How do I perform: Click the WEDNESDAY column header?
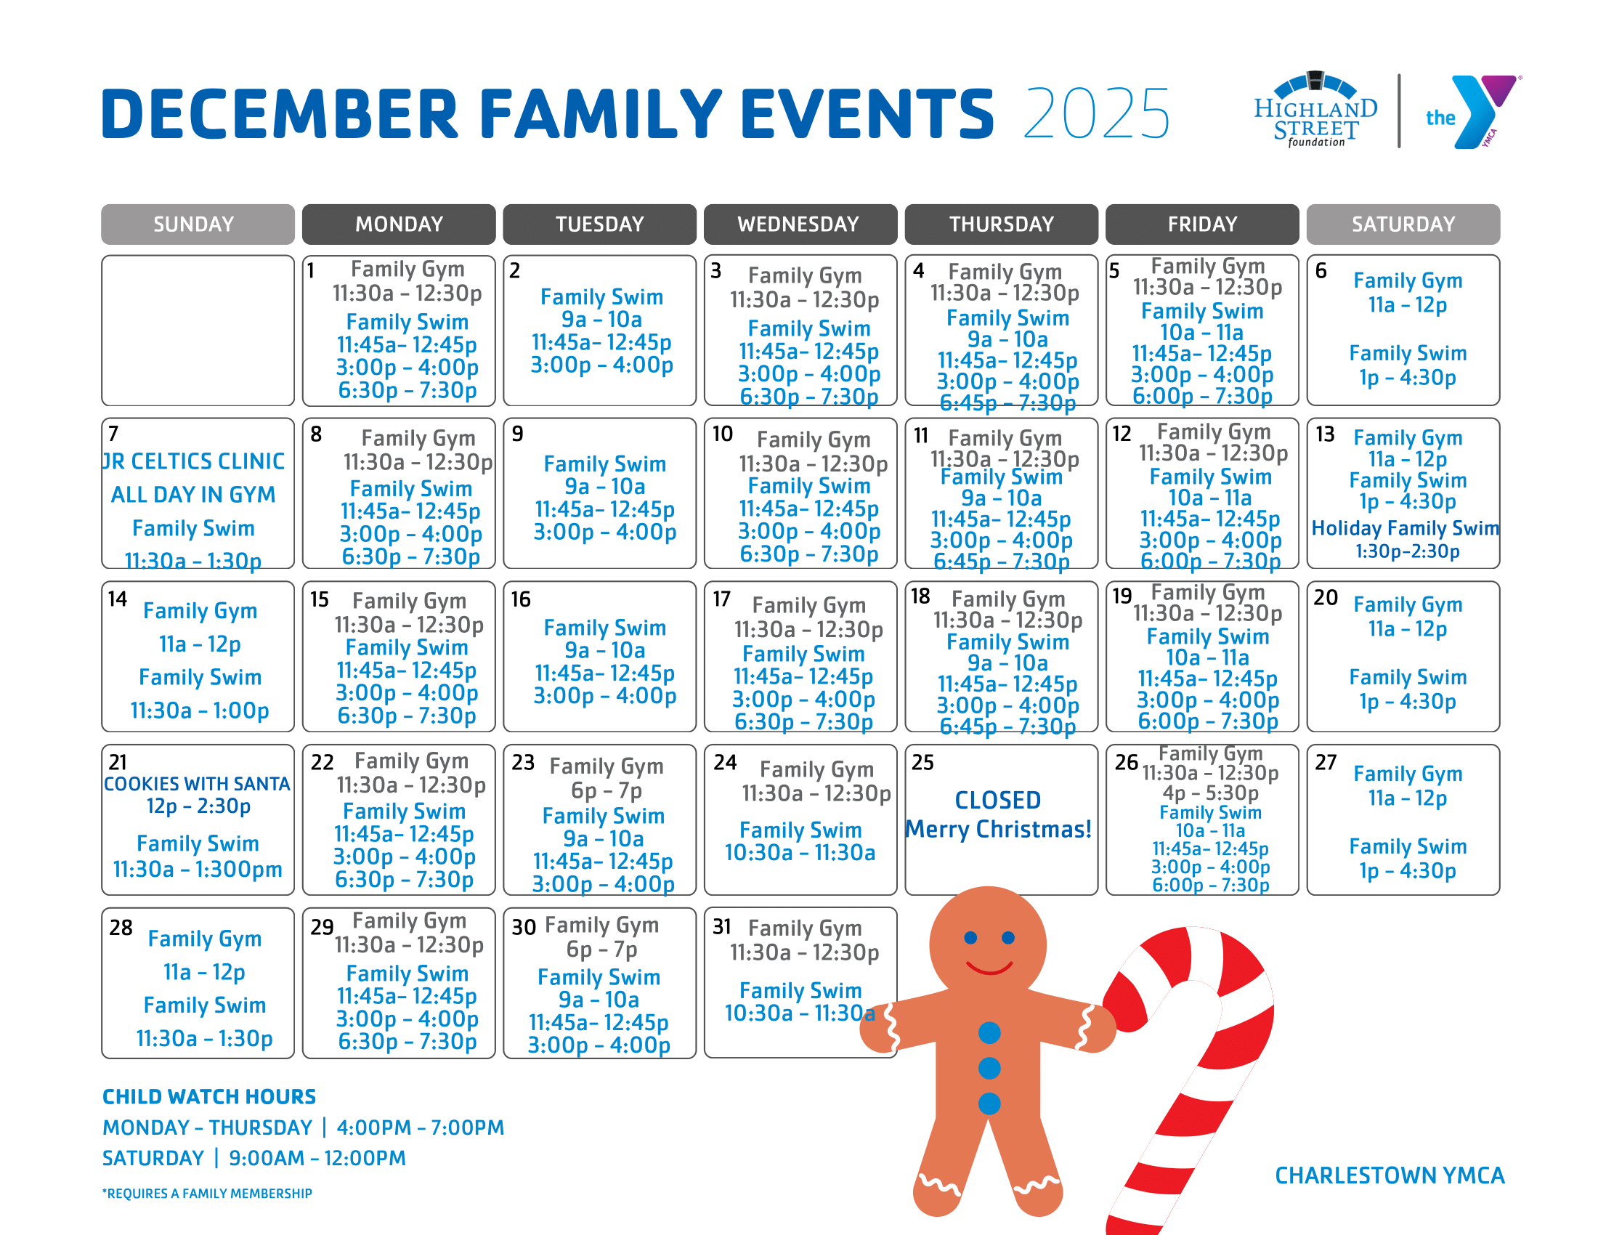pyautogui.click(x=800, y=224)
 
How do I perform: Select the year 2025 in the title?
pyautogui.click(x=1096, y=113)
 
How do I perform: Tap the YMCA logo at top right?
pyautogui.click(x=1472, y=112)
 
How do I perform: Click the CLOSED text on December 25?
pyautogui.click(x=997, y=800)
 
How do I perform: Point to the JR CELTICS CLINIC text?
pyautogui.click(x=194, y=461)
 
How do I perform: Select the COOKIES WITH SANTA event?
pyautogui.click(x=197, y=784)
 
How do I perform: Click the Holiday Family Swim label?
pyautogui.click(x=1404, y=528)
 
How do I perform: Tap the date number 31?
pyautogui.click(x=722, y=927)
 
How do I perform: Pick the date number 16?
pyautogui.click(x=520, y=600)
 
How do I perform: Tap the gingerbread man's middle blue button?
pyautogui.click(x=989, y=1067)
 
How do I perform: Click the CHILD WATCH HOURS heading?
pyautogui.click(x=209, y=1097)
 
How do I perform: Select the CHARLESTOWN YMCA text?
pyautogui.click(x=1390, y=1175)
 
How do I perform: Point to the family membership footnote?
pyautogui.click(x=207, y=1194)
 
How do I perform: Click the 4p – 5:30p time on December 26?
pyautogui.click(x=1210, y=793)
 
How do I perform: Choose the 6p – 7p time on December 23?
pyautogui.click(x=606, y=790)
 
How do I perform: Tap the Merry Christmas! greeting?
pyautogui.click(x=998, y=829)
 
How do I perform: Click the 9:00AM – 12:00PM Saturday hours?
pyautogui.click(x=317, y=1158)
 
